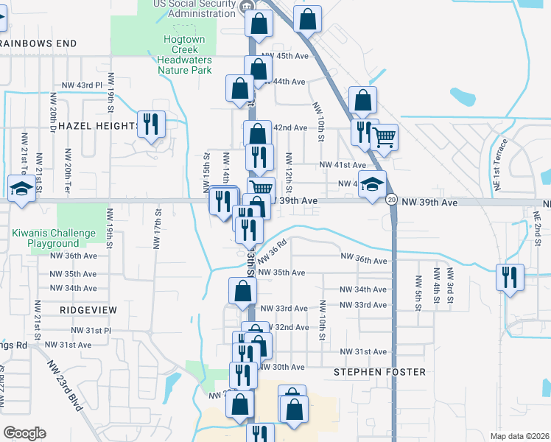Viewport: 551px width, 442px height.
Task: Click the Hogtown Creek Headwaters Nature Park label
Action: pyautogui.click(x=184, y=54)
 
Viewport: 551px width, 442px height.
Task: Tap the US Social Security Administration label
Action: pyautogui.click(x=197, y=8)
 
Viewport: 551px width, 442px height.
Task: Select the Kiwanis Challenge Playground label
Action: pyautogui.click(x=54, y=238)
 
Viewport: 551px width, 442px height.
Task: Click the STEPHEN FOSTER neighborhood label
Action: pyautogui.click(x=379, y=372)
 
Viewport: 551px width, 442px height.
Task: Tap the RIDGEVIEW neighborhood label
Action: pyautogui.click(x=88, y=310)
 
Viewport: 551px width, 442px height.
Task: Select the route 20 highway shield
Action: pyautogui.click(x=391, y=200)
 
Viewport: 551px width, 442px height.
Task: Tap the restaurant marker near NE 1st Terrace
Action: pyautogui.click(x=509, y=278)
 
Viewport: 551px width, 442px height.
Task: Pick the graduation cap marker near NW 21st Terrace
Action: pyautogui.click(x=21, y=189)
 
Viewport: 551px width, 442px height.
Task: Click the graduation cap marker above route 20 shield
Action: pyautogui.click(x=373, y=183)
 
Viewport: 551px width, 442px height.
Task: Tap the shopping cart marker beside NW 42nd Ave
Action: pyautogui.click(x=384, y=136)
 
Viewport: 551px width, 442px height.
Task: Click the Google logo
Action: pyautogui.click(x=24, y=433)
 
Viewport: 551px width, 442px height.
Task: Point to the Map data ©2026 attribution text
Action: pyautogui.click(x=519, y=436)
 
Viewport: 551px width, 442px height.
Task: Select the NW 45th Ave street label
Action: pyautogui.click(x=284, y=56)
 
